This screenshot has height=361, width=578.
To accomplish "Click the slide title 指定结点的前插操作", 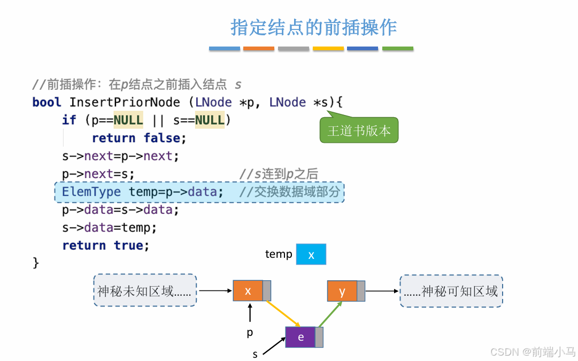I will (x=313, y=27).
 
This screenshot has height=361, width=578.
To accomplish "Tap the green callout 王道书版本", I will (x=359, y=130).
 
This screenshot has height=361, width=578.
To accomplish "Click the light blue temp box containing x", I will (x=311, y=255).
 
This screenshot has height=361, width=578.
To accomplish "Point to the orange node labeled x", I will (x=248, y=290).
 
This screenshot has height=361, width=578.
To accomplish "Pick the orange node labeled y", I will (x=342, y=291).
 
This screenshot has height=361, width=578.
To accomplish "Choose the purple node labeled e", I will (x=300, y=337).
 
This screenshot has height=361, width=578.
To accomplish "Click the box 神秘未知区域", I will (x=145, y=290).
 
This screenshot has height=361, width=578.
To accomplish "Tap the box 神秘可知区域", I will (x=451, y=291).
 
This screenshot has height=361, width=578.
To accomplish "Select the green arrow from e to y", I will (x=327, y=314).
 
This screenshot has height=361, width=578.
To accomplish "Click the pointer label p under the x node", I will (x=250, y=333).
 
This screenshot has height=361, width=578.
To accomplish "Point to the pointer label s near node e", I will (x=255, y=354).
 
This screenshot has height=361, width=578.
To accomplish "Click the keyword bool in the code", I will (x=47, y=102).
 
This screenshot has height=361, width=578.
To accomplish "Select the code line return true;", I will (x=105, y=245).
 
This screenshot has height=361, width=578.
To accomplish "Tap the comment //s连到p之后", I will (x=278, y=174).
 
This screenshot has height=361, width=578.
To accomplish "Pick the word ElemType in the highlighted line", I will (x=91, y=191).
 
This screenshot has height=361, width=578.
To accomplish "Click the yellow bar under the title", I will (x=328, y=49).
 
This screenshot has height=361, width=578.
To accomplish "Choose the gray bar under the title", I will (x=294, y=49).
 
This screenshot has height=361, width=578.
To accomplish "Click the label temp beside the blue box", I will (x=279, y=254).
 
